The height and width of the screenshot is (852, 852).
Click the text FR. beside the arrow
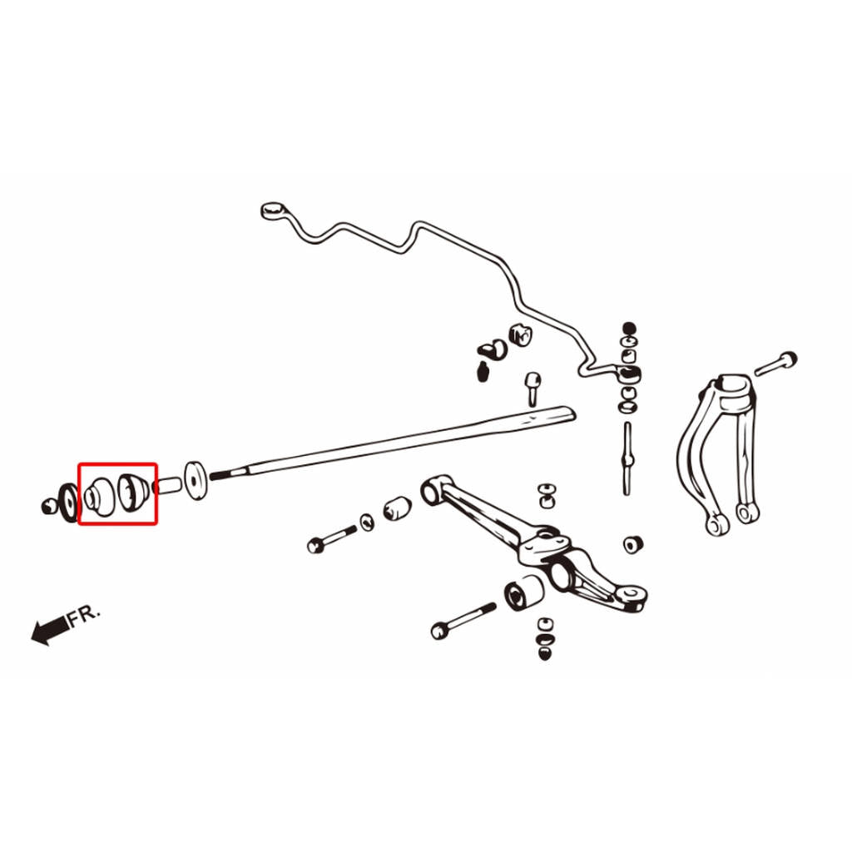[x=84, y=615]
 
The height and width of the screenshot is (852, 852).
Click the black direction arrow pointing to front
[x=51, y=632]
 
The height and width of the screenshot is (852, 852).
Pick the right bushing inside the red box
[x=135, y=493]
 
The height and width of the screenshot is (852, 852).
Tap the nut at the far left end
[x=50, y=507]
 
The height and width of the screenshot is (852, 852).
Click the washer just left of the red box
[x=70, y=503]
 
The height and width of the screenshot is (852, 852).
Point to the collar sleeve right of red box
[x=167, y=485]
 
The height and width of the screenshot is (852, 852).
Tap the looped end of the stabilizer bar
[x=273, y=210]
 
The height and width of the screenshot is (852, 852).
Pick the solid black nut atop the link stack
[x=629, y=328]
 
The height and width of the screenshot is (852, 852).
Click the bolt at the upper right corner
[x=775, y=364]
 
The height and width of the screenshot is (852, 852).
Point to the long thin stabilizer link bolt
[x=627, y=458]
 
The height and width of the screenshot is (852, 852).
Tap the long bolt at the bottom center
[x=463, y=621]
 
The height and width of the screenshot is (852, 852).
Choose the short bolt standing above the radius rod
[x=532, y=389]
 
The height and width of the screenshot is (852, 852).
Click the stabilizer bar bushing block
[x=520, y=334]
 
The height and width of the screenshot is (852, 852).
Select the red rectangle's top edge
[x=117, y=464]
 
